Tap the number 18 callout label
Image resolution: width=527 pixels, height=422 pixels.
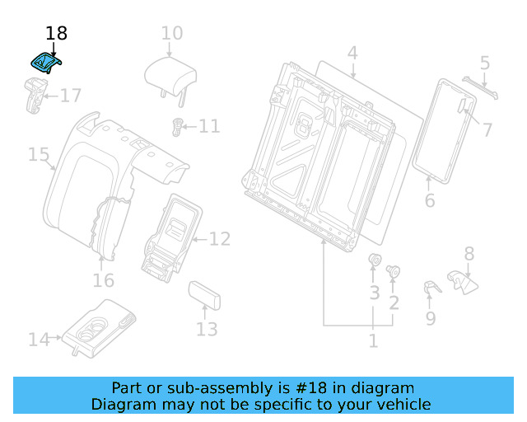[x=56, y=34]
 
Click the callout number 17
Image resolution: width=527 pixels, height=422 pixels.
[x=71, y=96]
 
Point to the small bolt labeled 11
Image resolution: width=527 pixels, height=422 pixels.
[x=175, y=125]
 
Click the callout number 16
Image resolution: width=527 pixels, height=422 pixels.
[x=103, y=281]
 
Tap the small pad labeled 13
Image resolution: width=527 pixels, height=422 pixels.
[x=203, y=294]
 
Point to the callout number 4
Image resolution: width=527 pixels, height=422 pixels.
[x=352, y=54]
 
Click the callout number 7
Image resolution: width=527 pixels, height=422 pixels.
[x=487, y=129]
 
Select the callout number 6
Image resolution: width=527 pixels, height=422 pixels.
[x=429, y=201]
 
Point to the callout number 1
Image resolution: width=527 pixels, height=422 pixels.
[x=373, y=340]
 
